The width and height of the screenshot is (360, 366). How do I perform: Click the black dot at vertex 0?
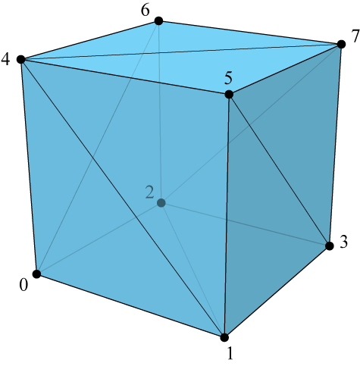click(x=37, y=274)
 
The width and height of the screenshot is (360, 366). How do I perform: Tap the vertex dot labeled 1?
click(x=224, y=337)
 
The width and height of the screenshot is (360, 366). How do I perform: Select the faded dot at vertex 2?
click(x=161, y=203)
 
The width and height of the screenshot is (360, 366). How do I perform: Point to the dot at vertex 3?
click(x=330, y=246)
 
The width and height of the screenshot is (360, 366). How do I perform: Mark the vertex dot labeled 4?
click(x=21, y=60)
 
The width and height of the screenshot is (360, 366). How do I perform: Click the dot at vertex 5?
click(x=229, y=95)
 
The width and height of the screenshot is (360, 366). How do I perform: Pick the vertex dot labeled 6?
click(x=158, y=21)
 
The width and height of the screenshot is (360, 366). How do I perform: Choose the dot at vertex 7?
click(x=341, y=44)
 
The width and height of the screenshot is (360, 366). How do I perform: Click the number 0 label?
click(x=23, y=286)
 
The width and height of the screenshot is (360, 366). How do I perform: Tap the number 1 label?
click(x=230, y=353)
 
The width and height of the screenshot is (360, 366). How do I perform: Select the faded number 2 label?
click(x=149, y=192)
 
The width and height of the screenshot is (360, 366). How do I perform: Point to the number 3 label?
click(x=344, y=242)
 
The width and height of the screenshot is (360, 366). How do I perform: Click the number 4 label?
click(x=5, y=60)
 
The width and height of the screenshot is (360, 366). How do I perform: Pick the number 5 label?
click(x=228, y=78)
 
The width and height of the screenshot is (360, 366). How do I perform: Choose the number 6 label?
click(x=146, y=11)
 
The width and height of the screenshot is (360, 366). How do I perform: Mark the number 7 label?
click(x=355, y=36)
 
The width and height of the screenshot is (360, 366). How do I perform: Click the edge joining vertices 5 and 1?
click(x=227, y=216)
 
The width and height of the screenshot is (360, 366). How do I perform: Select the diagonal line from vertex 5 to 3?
click(x=279, y=170)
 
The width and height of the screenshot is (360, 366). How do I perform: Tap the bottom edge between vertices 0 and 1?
click(x=130, y=305)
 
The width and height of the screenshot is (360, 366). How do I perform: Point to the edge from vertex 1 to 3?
click(x=277, y=292)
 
